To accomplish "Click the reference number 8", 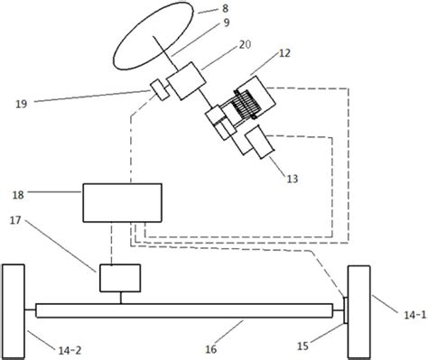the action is pyautogui.click(x=226, y=8).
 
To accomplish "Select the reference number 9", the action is pyautogui.click(x=227, y=23).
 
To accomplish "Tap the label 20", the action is pyautogui.click(x=245, y=44).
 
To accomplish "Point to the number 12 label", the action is pyautogui.click(x=284, y=53).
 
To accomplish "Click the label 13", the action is pyautogui.click(x=292, y=179).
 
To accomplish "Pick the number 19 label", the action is pyautogui.click(x=21, y=104).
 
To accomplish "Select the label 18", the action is pyautogui.click(x=18, y=195).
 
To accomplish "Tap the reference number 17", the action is pyautogui.click(x=15, y=220).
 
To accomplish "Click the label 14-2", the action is pyautogui.click(x=70, y=350).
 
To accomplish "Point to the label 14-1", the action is pyautogui.click(x=415, y=315).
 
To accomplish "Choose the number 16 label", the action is pyautogui.click(x=211, y=349).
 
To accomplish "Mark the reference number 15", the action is pyautogui.click(x=302, y=346).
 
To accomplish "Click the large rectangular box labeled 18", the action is pyautogui.click(x=123, y=203).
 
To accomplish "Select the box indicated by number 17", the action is pyautogui.click(x=120, y=278).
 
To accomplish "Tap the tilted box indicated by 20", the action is pyautogui.click(x=186, y=80).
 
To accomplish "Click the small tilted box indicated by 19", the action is pyautogui.click(x=160, y=89).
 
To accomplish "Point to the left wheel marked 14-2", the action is pyautogui.click(x=14, y=311).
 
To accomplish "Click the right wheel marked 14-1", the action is pyautogui.click(x=358, y=311).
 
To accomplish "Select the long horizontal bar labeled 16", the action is pyautogui.click(x=185, y=310).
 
